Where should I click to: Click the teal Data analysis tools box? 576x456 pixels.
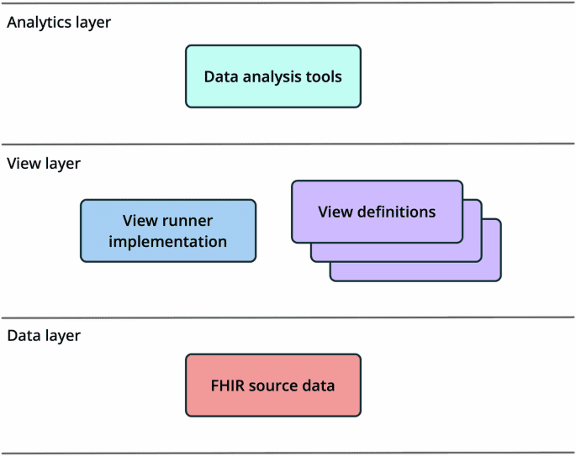coord(272,76)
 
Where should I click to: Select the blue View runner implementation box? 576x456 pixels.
coord(168,231)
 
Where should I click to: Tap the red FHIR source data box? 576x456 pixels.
coord(272,385)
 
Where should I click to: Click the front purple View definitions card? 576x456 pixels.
coord(377,211)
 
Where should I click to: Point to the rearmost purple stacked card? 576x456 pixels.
coord(492,270)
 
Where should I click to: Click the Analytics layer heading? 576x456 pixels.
coord(59,23)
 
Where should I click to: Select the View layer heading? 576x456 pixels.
coord(44,164)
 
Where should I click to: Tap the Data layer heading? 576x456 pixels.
coord(44,336)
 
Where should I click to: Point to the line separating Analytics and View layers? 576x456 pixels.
coord(288,144)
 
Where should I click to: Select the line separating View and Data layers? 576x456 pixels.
coord(288,317)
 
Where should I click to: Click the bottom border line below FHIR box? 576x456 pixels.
coord(288,453)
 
